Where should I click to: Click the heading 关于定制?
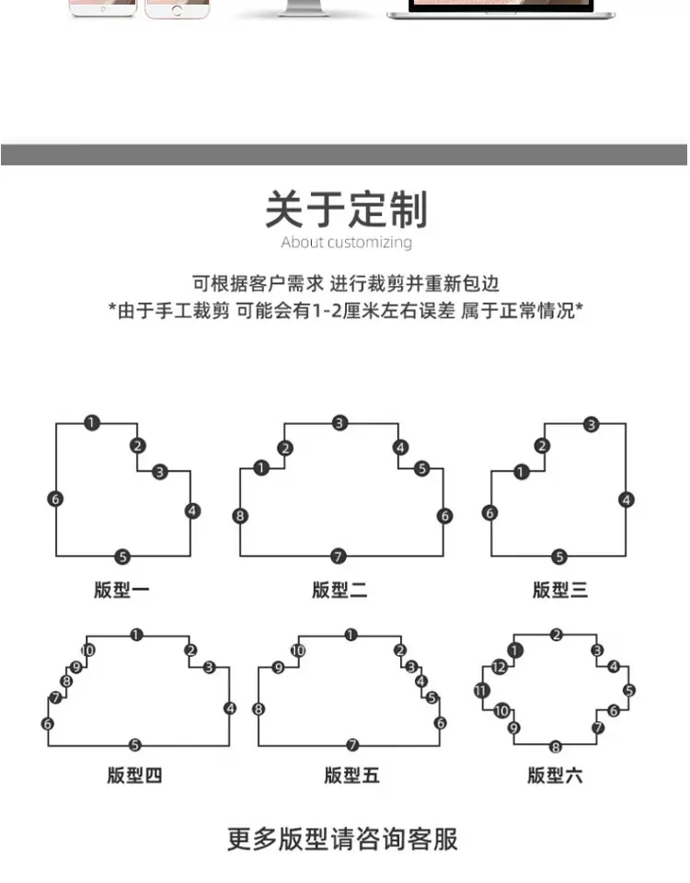pos(347,210)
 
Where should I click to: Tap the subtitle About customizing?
pos(347,242)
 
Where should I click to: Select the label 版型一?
pos(121,591)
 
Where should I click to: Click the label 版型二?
pos(339,591)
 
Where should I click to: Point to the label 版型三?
pos(560,591)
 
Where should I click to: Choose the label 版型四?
pos(134,775)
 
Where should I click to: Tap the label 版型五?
pos(351,775)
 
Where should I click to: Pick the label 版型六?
pos(555,775)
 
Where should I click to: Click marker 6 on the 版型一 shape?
pos(55,499)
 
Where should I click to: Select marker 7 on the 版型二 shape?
pos(338,556)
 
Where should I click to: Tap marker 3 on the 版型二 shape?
pos(339,423)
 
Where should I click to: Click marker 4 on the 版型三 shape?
pos(626,499)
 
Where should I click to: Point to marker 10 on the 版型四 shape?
pos(88,650)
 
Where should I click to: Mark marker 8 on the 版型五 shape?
pos(259,709)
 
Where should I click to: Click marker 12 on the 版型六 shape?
pos(499,668)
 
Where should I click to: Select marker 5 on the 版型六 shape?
pos(629,691)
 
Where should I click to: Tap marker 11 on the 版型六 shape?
pos(481,691)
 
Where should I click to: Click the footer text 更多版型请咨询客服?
pos(342,839)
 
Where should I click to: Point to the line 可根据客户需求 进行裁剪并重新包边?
pos(346,283)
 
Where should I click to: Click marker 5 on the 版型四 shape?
pos(134,745)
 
